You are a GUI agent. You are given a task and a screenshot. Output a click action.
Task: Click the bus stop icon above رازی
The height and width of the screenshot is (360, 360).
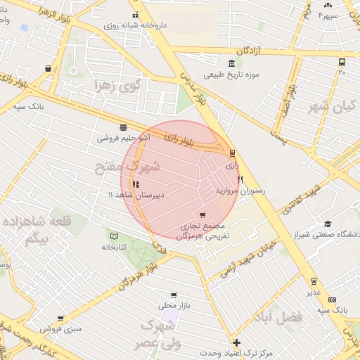pyautogui.click(x=232, y=153)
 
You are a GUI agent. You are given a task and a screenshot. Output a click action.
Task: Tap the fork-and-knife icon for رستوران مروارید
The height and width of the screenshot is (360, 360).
pyautogui.click(x=240, y=179)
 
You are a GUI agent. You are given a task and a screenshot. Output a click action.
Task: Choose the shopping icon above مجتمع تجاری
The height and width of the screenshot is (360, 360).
pyautogui.click(x=203, y=214)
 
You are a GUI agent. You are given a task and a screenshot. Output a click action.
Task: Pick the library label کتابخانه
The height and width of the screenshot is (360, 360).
pyautogui.click(x=114, y=247)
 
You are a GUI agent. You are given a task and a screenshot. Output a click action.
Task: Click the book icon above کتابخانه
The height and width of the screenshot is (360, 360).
pyautogui.click(x=114, y=235)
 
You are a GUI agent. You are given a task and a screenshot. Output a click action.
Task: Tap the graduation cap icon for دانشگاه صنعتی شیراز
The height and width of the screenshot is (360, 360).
pyautogui.click(x=327, y=224)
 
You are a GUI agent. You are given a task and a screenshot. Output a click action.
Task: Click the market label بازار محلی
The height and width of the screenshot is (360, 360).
pyautogui.click(x=173, y=306)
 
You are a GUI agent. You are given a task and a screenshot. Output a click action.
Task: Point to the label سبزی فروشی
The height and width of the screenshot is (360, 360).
pyautogui.click(x=60, y=328)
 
